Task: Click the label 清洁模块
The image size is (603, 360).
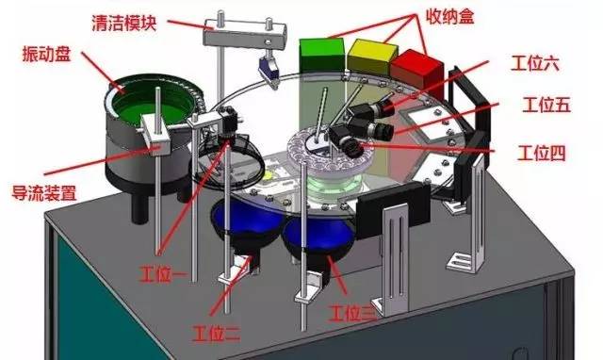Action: tap(123, 24)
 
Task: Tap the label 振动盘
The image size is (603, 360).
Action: tap(46, 54)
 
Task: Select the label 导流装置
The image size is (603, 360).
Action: tap(44, 193)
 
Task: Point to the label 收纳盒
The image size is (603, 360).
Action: tap(449, 17)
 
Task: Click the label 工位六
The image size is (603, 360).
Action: tap(535, 63)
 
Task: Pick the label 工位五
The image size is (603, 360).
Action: tap(546, 105)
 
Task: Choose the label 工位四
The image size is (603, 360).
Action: tap(542, 153)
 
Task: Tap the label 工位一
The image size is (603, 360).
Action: tap(163, 274)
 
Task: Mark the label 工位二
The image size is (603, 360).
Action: tap(217, 333)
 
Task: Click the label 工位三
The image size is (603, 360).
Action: tap(352, 313)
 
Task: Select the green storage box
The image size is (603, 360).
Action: tap(322, 55)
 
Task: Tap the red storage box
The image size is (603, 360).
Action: tap(416, 74)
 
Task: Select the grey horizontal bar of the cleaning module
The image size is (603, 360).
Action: tap(244, 35)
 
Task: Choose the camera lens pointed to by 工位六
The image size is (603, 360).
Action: tap(385, 106)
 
